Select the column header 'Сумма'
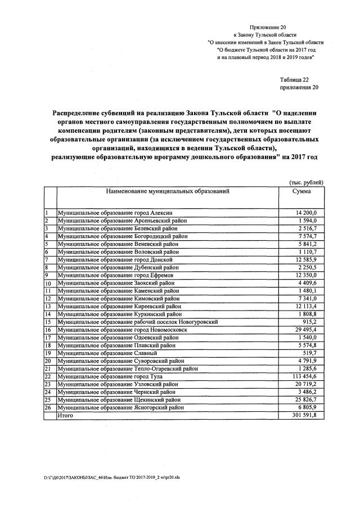(x=301, y=192)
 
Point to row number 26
(x=48, y=407)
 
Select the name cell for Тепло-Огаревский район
(x=129, y=368)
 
